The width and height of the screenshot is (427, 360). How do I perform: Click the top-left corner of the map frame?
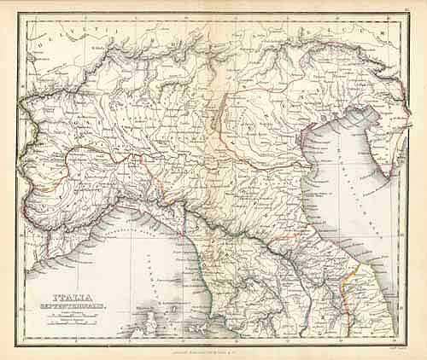(x=19, y=15)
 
